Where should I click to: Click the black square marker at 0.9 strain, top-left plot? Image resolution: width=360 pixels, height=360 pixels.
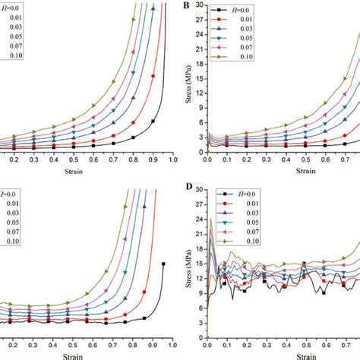153,121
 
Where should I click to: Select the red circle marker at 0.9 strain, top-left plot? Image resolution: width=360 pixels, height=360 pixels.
153,76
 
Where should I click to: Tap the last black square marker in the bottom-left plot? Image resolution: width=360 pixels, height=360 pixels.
163,264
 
